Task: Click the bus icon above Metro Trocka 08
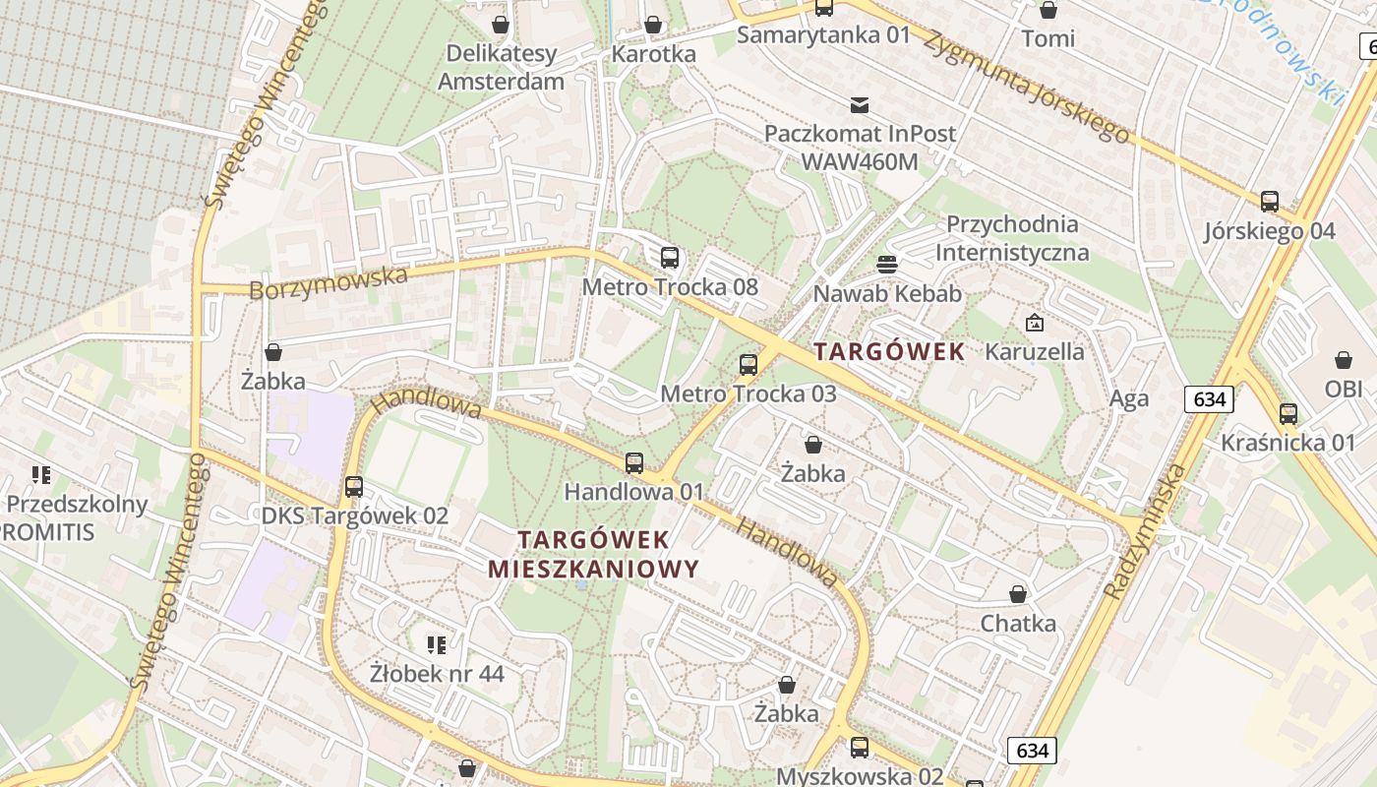tap(670, 258)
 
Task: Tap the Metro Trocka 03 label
tap(748, 393)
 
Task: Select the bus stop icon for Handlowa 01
tap(634, 462)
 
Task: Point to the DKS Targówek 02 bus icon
tap(354, 486)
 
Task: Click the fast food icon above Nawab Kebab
tap(887, 264)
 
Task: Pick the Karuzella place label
tap(1035, 351)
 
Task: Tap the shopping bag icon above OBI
tap(1344, 360)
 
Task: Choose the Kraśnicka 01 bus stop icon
tap(1288, 414)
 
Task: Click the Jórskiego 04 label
tap(1270, 231)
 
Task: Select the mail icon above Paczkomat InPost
tap(860, 105)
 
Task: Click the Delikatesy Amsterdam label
tap(501, 67)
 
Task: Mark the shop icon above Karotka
tap(653, 25)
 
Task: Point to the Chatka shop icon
tap(1018, 594)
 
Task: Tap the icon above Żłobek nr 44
tap(437, 645)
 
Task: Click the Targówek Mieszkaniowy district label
tap(593, 554)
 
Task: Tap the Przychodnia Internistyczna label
tap(1012, 238)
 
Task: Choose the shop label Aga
tap(1128, 398)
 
